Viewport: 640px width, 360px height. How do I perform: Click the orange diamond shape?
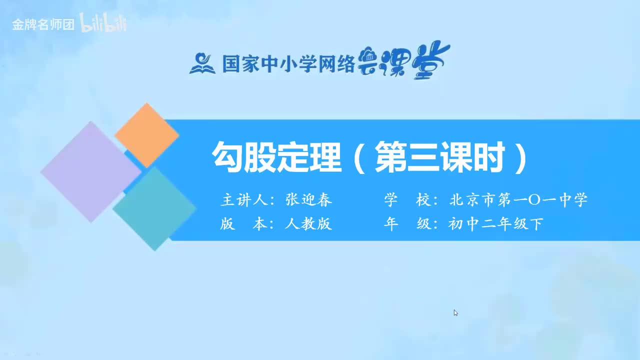[x=146, y=134]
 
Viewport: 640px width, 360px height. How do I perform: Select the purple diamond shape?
[x=90, y=171]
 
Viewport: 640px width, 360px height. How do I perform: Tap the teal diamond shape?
[x=154, y=208]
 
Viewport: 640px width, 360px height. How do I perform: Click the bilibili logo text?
[x=103, y=24]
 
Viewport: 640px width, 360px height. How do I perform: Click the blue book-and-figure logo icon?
[x=202, y=63]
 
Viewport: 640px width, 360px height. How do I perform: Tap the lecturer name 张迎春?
[x=308, y=200]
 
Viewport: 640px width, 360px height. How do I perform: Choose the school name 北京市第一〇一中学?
[x=518, y=200]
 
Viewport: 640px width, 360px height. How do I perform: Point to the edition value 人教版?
[x=308, y=224]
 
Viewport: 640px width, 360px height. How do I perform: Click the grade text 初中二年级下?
[x=495, y=224]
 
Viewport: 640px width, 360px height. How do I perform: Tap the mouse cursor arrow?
[x=455, y=312]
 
